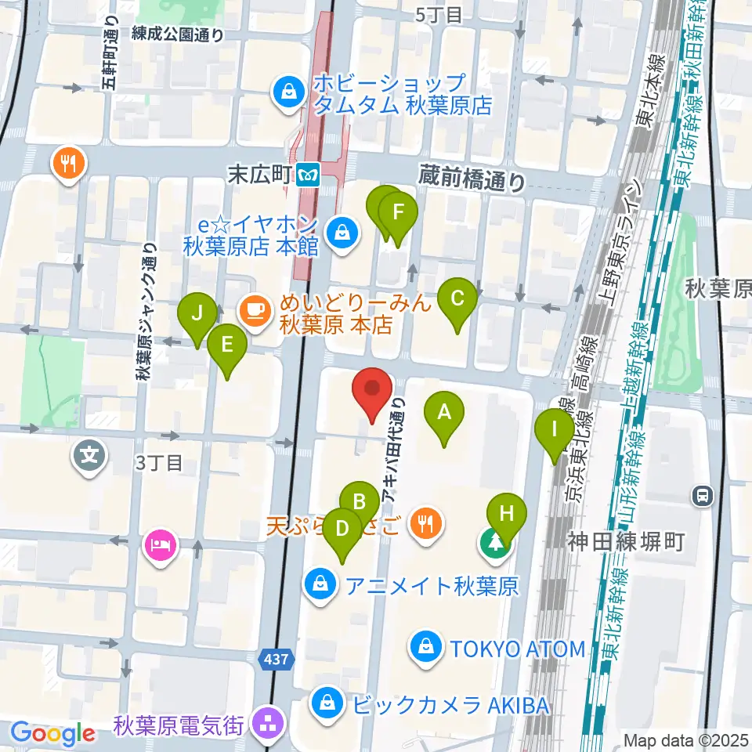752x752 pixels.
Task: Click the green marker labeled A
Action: click(444, 413)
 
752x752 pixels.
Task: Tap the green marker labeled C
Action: click(458, 299)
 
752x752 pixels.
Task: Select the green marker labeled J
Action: click(198, 314)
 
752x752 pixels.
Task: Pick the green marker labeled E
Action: click(227, 345)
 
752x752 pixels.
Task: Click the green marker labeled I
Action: click(555, 430)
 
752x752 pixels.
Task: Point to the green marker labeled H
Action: click(507, 515)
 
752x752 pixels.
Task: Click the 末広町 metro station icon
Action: click(310, 173)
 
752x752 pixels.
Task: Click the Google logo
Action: click(53, 734)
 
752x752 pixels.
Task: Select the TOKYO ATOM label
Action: click(517, 649)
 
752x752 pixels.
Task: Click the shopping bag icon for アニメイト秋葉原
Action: click(320, 584)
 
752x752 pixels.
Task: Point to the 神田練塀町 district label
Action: click(627, 540)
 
